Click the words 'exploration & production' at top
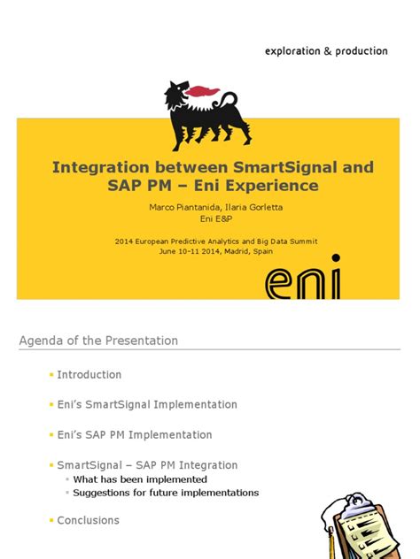tap(326, 51)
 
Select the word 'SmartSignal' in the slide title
tap(304, 166)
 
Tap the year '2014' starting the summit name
tap(126, 240)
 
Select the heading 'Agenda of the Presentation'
tap(98, 341)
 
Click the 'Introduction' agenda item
tap(89, 374)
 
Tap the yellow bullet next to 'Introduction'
tap(51, 375)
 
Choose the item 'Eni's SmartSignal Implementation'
tap(147, 404)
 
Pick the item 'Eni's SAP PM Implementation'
tap(135, 434)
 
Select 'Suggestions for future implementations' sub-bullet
tap(166, 493)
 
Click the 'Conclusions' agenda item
tap(88, 520)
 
